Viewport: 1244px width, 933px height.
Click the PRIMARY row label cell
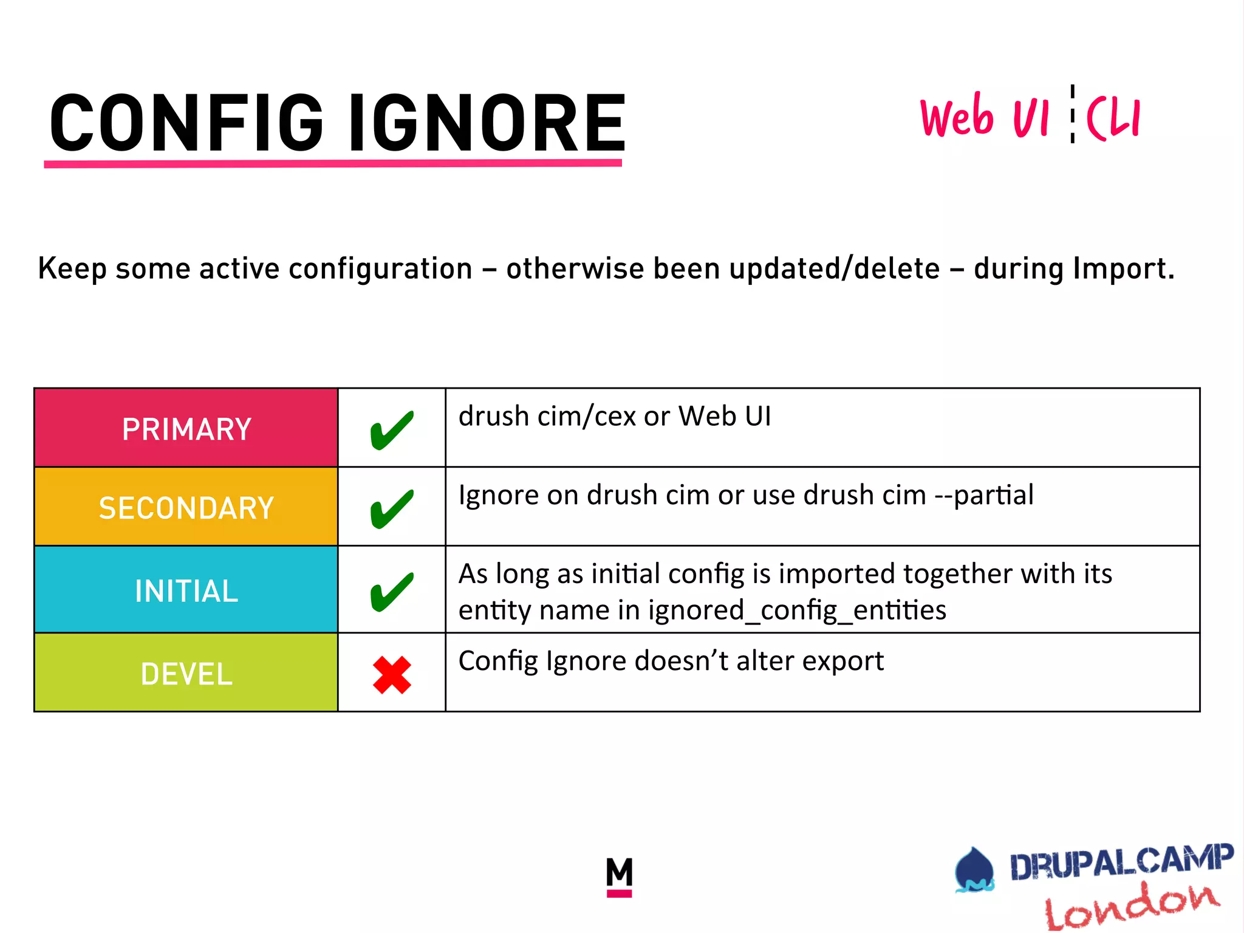186,428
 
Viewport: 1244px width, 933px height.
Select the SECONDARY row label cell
186,507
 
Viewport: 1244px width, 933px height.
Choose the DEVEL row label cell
186,673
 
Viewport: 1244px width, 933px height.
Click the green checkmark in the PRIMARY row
392,430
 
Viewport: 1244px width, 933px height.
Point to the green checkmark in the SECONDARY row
392,509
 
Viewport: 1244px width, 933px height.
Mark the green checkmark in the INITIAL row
392,592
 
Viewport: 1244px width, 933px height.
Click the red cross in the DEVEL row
392,675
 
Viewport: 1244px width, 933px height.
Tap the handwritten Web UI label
984,117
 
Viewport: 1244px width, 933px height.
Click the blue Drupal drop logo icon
974,870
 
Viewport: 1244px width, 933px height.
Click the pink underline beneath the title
333,163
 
